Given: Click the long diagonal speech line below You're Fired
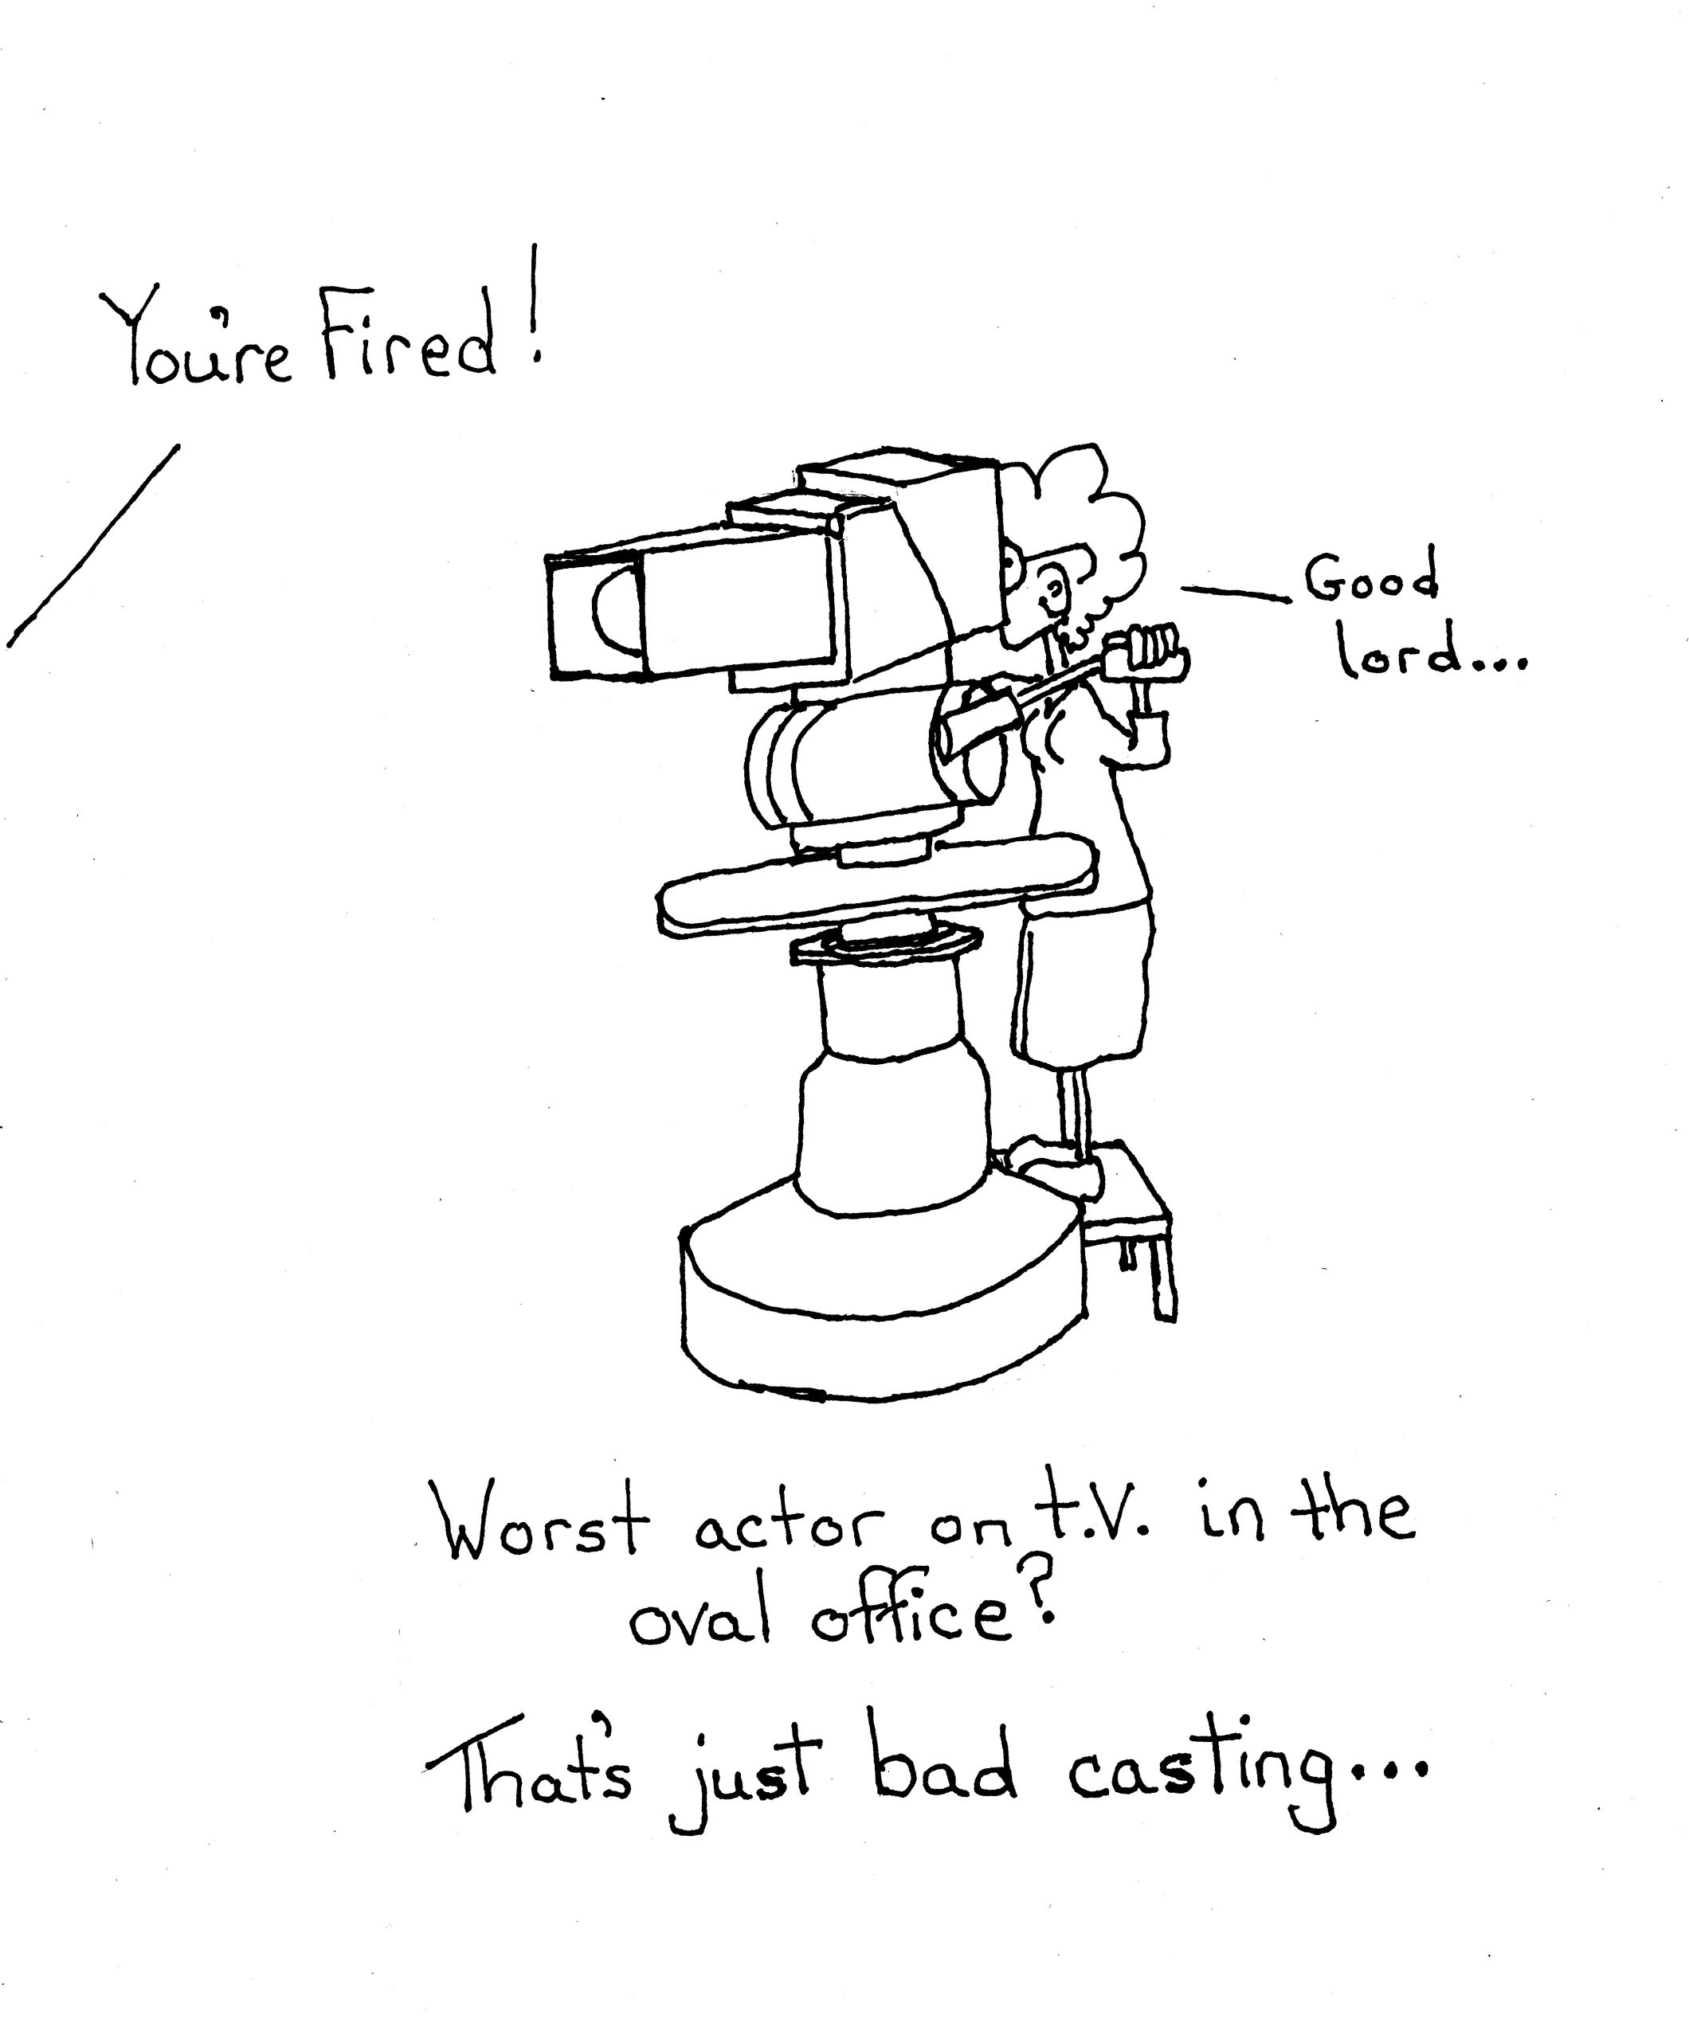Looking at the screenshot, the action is coord(92,546).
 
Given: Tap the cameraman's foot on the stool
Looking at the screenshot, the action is coord(1054,1169).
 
